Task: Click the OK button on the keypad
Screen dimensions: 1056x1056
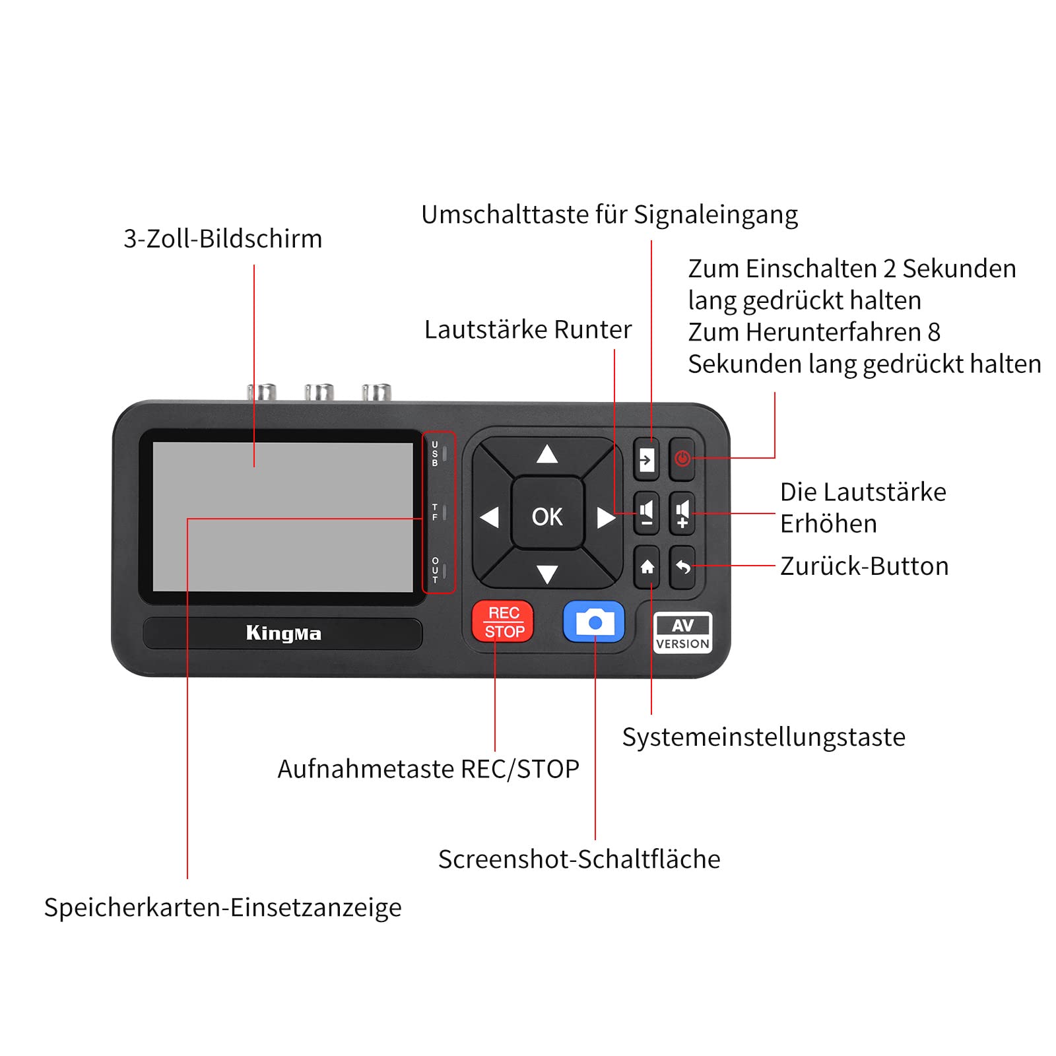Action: tap(547, 513)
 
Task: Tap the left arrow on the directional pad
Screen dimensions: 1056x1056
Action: tap(489, 517)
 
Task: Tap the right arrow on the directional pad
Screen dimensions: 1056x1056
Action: tap(605, 517)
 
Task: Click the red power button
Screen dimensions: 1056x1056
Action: tap(682, 458)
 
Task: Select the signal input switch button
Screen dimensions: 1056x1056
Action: tap(647, 459)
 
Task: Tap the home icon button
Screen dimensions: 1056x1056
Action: tap(647, 567)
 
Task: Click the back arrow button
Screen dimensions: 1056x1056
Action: tap(682, 567)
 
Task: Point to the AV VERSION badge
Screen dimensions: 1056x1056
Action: tap(682, 633)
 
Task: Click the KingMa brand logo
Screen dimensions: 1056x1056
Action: tap(284, 634)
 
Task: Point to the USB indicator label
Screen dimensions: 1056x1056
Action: tap(435, 454)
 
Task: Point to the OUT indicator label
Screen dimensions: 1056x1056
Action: tap(435, 570)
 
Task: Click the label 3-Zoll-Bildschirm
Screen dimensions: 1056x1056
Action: tap(223, 239)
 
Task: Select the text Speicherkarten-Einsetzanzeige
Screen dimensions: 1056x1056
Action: tap(223, 907)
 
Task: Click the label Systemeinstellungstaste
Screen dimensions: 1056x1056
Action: tap(764, 737)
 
